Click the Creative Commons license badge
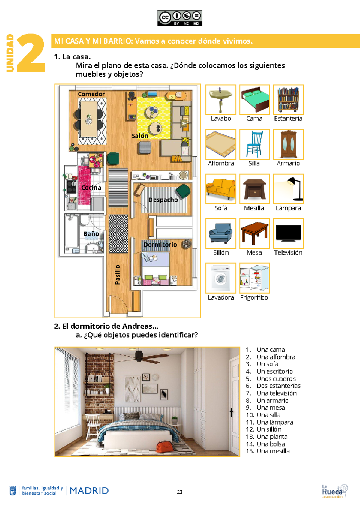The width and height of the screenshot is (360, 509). pyautogui.click(x=180, y=18)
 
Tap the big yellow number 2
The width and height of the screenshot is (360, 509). pyautogui.click(x=31, y=53)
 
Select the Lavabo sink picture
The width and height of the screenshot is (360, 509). pyautogui.click(x=221, y=100)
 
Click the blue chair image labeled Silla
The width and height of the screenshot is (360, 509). pyautogui.click(x=254, y=144)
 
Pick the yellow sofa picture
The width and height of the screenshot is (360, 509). pyautogui.click(x=221, y=189)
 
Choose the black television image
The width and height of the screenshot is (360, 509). pyautogui.click(x=288, y=233)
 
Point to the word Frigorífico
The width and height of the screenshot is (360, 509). pyautogui.click(x=254, y=297)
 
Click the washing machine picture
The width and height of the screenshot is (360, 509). pyautogui.click(x=221, y=278)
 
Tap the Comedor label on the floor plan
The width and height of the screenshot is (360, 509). pyautogui.click(x=91, y=94)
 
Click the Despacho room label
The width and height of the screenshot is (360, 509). pyautogui.click(x=163, y=200)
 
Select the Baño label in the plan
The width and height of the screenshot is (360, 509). pyautogui.click(x=91, y=234)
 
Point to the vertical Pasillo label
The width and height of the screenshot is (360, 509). pyautogui.click(x=118, y=275)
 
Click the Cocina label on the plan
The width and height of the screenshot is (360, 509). pyautogui.click(x=91, y=188)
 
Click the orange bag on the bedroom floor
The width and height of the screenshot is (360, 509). pyautogui.click(x=164, y=446)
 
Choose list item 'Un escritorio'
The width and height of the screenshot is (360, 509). pyautogui.click(x=274, y=372)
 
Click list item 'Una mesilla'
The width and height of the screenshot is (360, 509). pyautogui.click(x=273, y=451)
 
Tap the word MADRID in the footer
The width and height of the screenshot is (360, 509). pyautogui.click(x=89, y=491)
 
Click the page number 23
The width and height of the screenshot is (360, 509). pyautogui.click(x=180, y=492)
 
